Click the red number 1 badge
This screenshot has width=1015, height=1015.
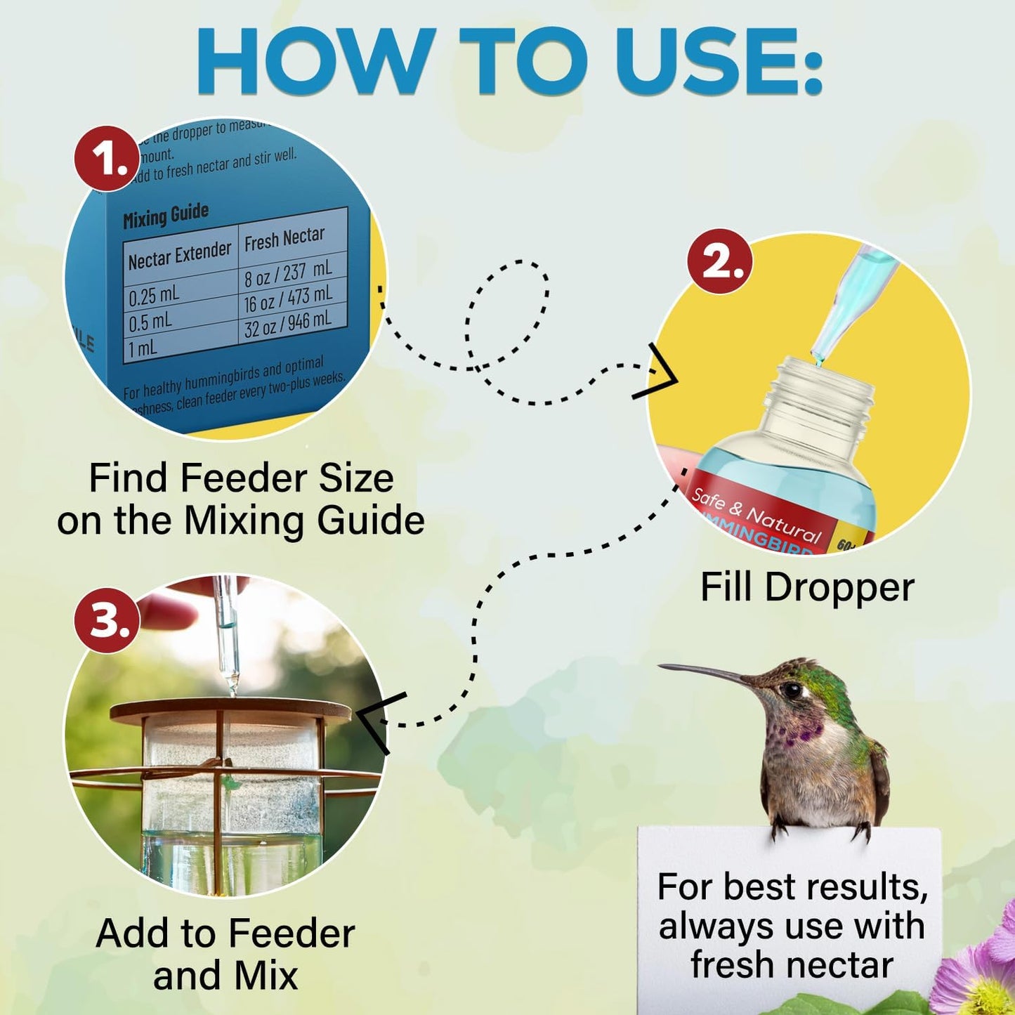107,158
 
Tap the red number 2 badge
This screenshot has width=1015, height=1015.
719,261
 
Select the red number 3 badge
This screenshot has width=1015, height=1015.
107,620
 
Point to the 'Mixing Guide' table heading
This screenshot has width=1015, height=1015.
166,216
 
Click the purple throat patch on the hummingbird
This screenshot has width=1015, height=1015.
801,735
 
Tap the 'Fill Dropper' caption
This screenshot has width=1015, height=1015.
807,587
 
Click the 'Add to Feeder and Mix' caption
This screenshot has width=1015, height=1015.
225,954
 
